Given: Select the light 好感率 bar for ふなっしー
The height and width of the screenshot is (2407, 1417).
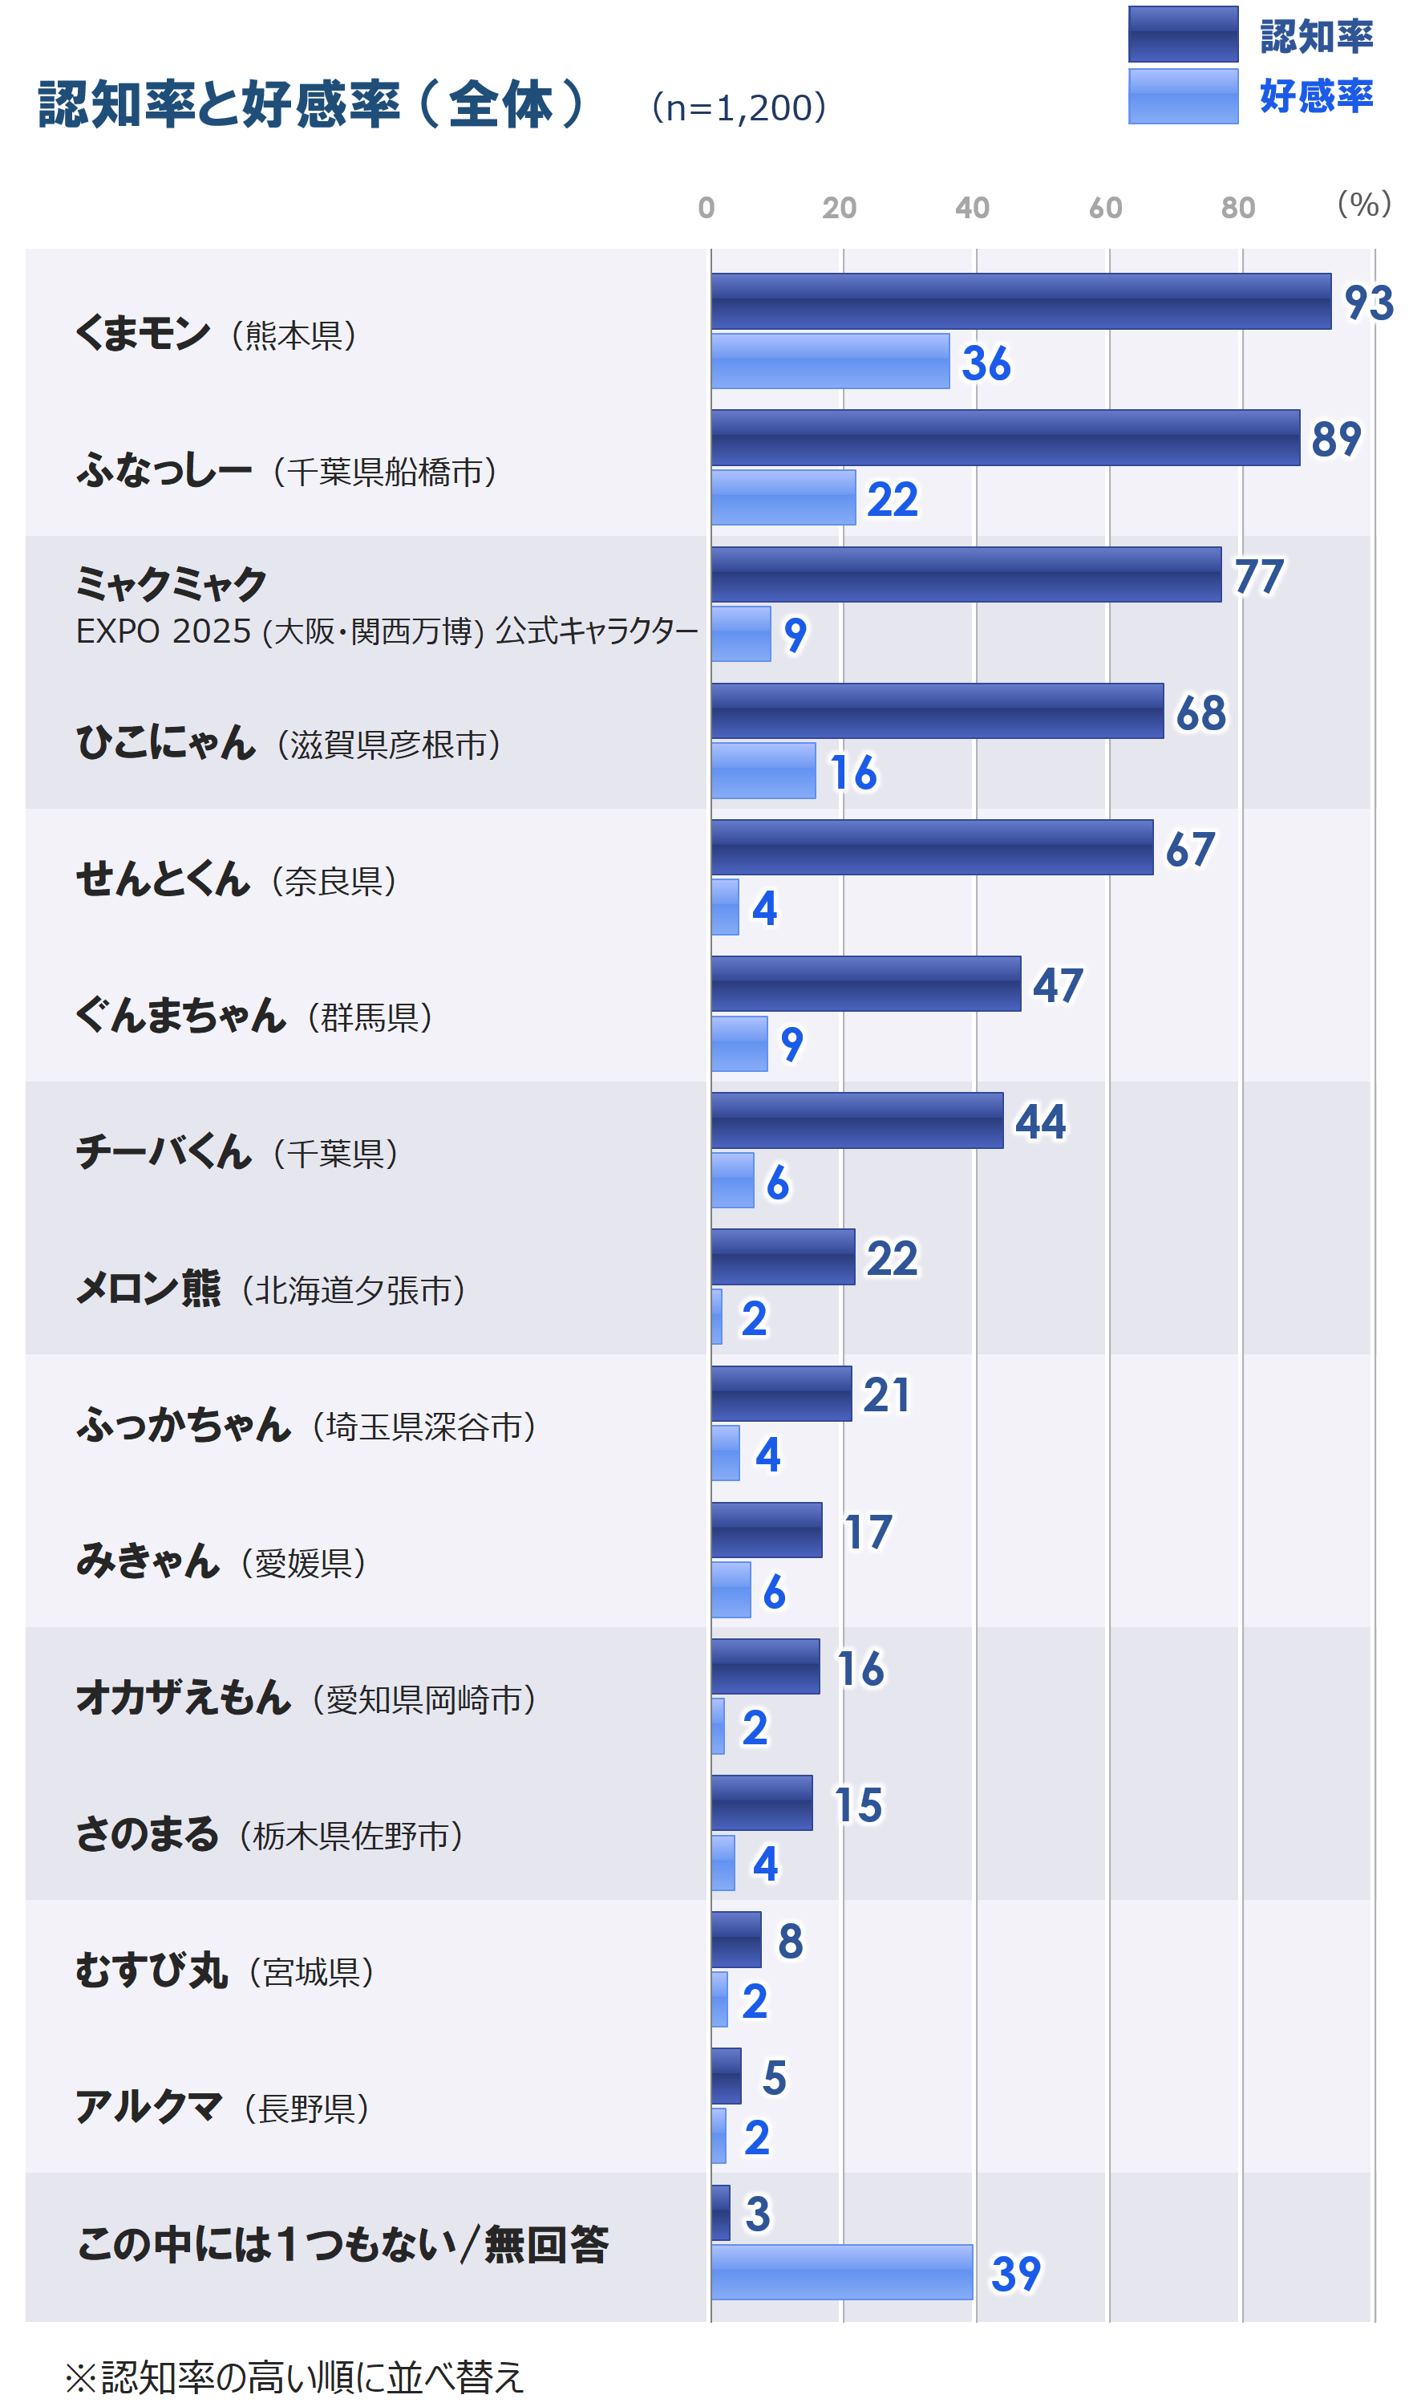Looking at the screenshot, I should pyautogui.click(x=783, y=497).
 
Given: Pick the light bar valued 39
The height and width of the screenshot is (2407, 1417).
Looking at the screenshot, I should pyautogui.click(x=841, y=2272).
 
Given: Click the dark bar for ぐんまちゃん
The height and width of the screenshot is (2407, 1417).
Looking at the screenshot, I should pyautogui.click(x=865, y=984).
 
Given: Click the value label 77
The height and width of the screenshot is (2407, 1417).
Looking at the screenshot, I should pyautogui.click(x=1257, y=576).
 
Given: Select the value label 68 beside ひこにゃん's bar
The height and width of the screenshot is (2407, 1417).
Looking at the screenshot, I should pyautogui.click(x=1200, y=713).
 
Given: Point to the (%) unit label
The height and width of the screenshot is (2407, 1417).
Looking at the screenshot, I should pyautogui.click(x=1363, y=204).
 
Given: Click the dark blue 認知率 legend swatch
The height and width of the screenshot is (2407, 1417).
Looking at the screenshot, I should pyautogui.click(x=1182, y=35).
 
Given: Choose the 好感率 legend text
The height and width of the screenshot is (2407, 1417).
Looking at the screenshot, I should pyautogui.click(x=1316, y=96).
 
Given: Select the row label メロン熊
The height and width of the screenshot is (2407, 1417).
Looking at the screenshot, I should pyautogui.click(x=148, y=1289).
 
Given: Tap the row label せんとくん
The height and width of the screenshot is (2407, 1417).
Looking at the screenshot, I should pyautogui.click(x=162, y=879).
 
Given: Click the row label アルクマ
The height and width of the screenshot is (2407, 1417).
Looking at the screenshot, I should pyautogui.click(x=149, y=2107).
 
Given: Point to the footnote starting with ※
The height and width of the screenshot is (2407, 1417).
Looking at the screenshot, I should pyautogui.click(x=294, y=2377).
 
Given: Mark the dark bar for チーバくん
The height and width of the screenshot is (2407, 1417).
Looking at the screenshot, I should pyautogui.click(x=856, y=1120).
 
